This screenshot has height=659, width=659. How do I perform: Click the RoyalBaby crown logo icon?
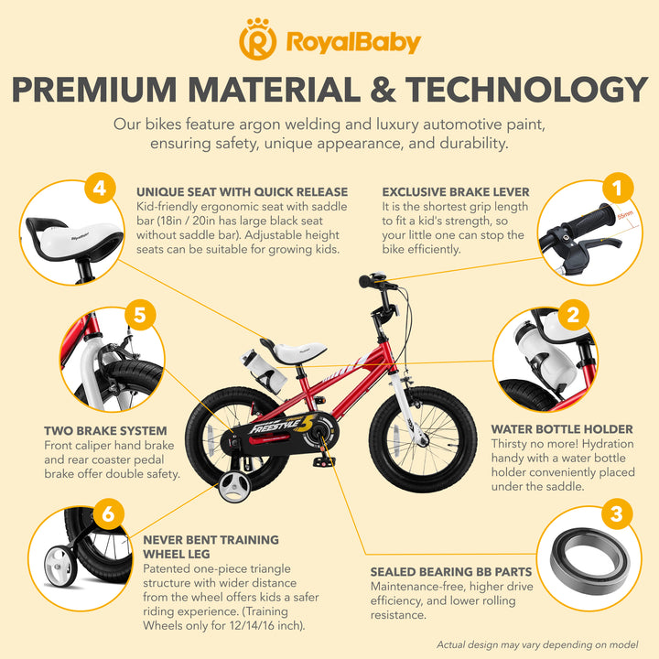257,39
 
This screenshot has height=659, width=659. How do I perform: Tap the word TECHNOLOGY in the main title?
526,90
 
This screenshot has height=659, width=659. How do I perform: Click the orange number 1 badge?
618,188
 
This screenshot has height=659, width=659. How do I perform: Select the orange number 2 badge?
573,315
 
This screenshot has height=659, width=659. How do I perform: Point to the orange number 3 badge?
616,513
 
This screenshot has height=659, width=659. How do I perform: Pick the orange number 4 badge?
100,188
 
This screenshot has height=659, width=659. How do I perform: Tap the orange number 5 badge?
140,315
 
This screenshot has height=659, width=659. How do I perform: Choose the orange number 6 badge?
108,513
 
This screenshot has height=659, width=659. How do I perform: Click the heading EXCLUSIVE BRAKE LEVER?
456,192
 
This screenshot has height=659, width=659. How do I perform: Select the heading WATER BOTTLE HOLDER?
562,429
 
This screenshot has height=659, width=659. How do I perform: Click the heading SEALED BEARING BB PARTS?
451,572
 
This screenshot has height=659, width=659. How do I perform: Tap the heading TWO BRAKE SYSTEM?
105,431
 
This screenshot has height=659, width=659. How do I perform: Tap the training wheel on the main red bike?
234,487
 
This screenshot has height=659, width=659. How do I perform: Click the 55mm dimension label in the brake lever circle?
625,215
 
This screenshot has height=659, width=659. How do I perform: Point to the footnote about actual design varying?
537,644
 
